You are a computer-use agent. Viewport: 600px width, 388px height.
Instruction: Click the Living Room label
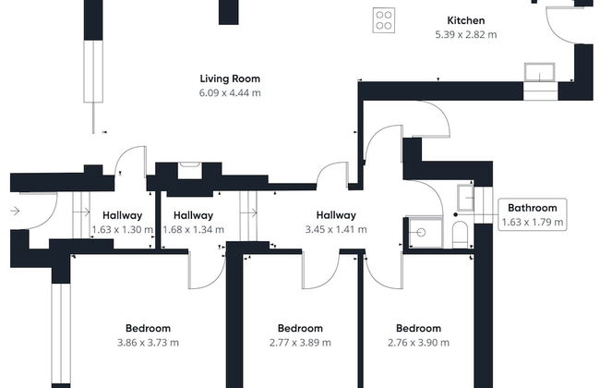tap(230, 79)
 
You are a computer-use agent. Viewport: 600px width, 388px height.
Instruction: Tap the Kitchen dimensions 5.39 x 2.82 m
tap(465, 34)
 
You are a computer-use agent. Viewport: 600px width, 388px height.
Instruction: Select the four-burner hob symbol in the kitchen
tap(384, 20)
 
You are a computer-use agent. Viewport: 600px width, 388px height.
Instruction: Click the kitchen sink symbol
tap(540, 72)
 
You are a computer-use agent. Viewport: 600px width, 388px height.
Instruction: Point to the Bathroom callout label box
tap(533, 214)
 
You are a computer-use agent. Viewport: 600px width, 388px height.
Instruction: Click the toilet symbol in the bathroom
tap(460, 235)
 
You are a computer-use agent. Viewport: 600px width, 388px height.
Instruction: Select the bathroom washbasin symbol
tap(465, 198)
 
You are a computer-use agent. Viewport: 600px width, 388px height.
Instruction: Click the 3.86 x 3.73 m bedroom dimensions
tap(148, 343)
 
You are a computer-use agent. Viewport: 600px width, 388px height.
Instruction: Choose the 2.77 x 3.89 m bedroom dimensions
tap(300, 343)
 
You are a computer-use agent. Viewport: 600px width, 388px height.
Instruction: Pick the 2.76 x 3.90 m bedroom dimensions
tap(418, 343)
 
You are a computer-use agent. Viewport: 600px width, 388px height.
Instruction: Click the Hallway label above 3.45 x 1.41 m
tap(336, 215)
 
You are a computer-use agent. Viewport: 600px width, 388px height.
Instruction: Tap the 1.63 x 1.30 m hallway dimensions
tap(123, 230)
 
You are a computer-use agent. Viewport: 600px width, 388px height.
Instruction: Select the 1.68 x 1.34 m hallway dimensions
tap(193, 230)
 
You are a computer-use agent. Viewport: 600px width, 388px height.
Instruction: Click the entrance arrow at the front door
tap(15, 211)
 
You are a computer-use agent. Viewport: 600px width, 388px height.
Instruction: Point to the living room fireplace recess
tap(189, 171)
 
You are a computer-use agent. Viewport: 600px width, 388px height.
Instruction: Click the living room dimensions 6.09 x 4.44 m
tap(230, 92)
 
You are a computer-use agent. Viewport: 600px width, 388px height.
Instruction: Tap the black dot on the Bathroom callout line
tap(455, 215)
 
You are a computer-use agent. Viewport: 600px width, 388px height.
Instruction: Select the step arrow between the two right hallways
tap(253, 213)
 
